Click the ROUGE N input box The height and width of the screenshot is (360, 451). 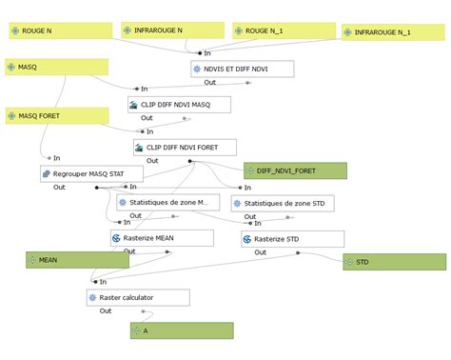pyautogui.click(x=57, y=31)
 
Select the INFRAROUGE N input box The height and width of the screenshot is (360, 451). pyautogui.click(x=171, y=30)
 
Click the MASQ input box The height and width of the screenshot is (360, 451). pyautogui.click(x=56, y=67)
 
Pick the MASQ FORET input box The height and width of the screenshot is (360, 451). pyautogui.click(x=56, y=116)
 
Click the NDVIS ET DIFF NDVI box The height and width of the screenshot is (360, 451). pyautogui.click(x=242, y=69)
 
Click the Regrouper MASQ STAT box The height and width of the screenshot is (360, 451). pyautogui.click(x=91, y=173)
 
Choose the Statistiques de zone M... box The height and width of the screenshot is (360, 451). pyautogui.click(x=167, y=203)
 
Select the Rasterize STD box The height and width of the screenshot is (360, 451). pyautogui.click(x=292, y=239)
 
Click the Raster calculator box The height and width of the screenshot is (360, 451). pyautogui.click(x=138, y=297)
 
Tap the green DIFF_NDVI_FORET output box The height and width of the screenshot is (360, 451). pyautogui.click(x=295, y=170)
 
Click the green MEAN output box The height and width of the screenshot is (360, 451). pyautogui.click(x=77, y=259)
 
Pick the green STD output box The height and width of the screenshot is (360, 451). pyautogui.click(x=394, y=261)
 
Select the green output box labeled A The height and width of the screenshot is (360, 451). pyautogui.click(x=182, y=330)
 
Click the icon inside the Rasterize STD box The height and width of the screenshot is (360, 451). pyautogui.click(x=250, y=239)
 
